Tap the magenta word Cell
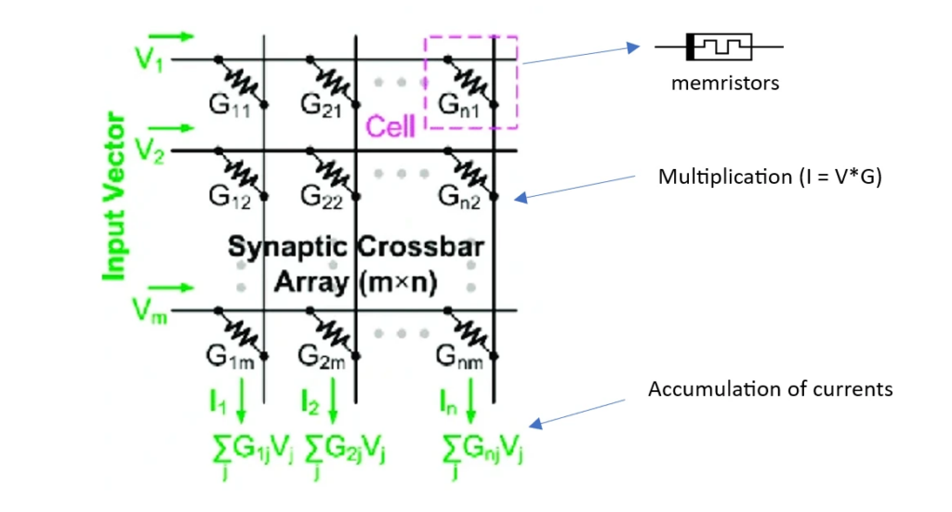(390, 125)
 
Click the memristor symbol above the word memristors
(719, 45)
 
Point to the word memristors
(724, 83)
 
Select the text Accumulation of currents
(770, 388)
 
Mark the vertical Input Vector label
(115, 197)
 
